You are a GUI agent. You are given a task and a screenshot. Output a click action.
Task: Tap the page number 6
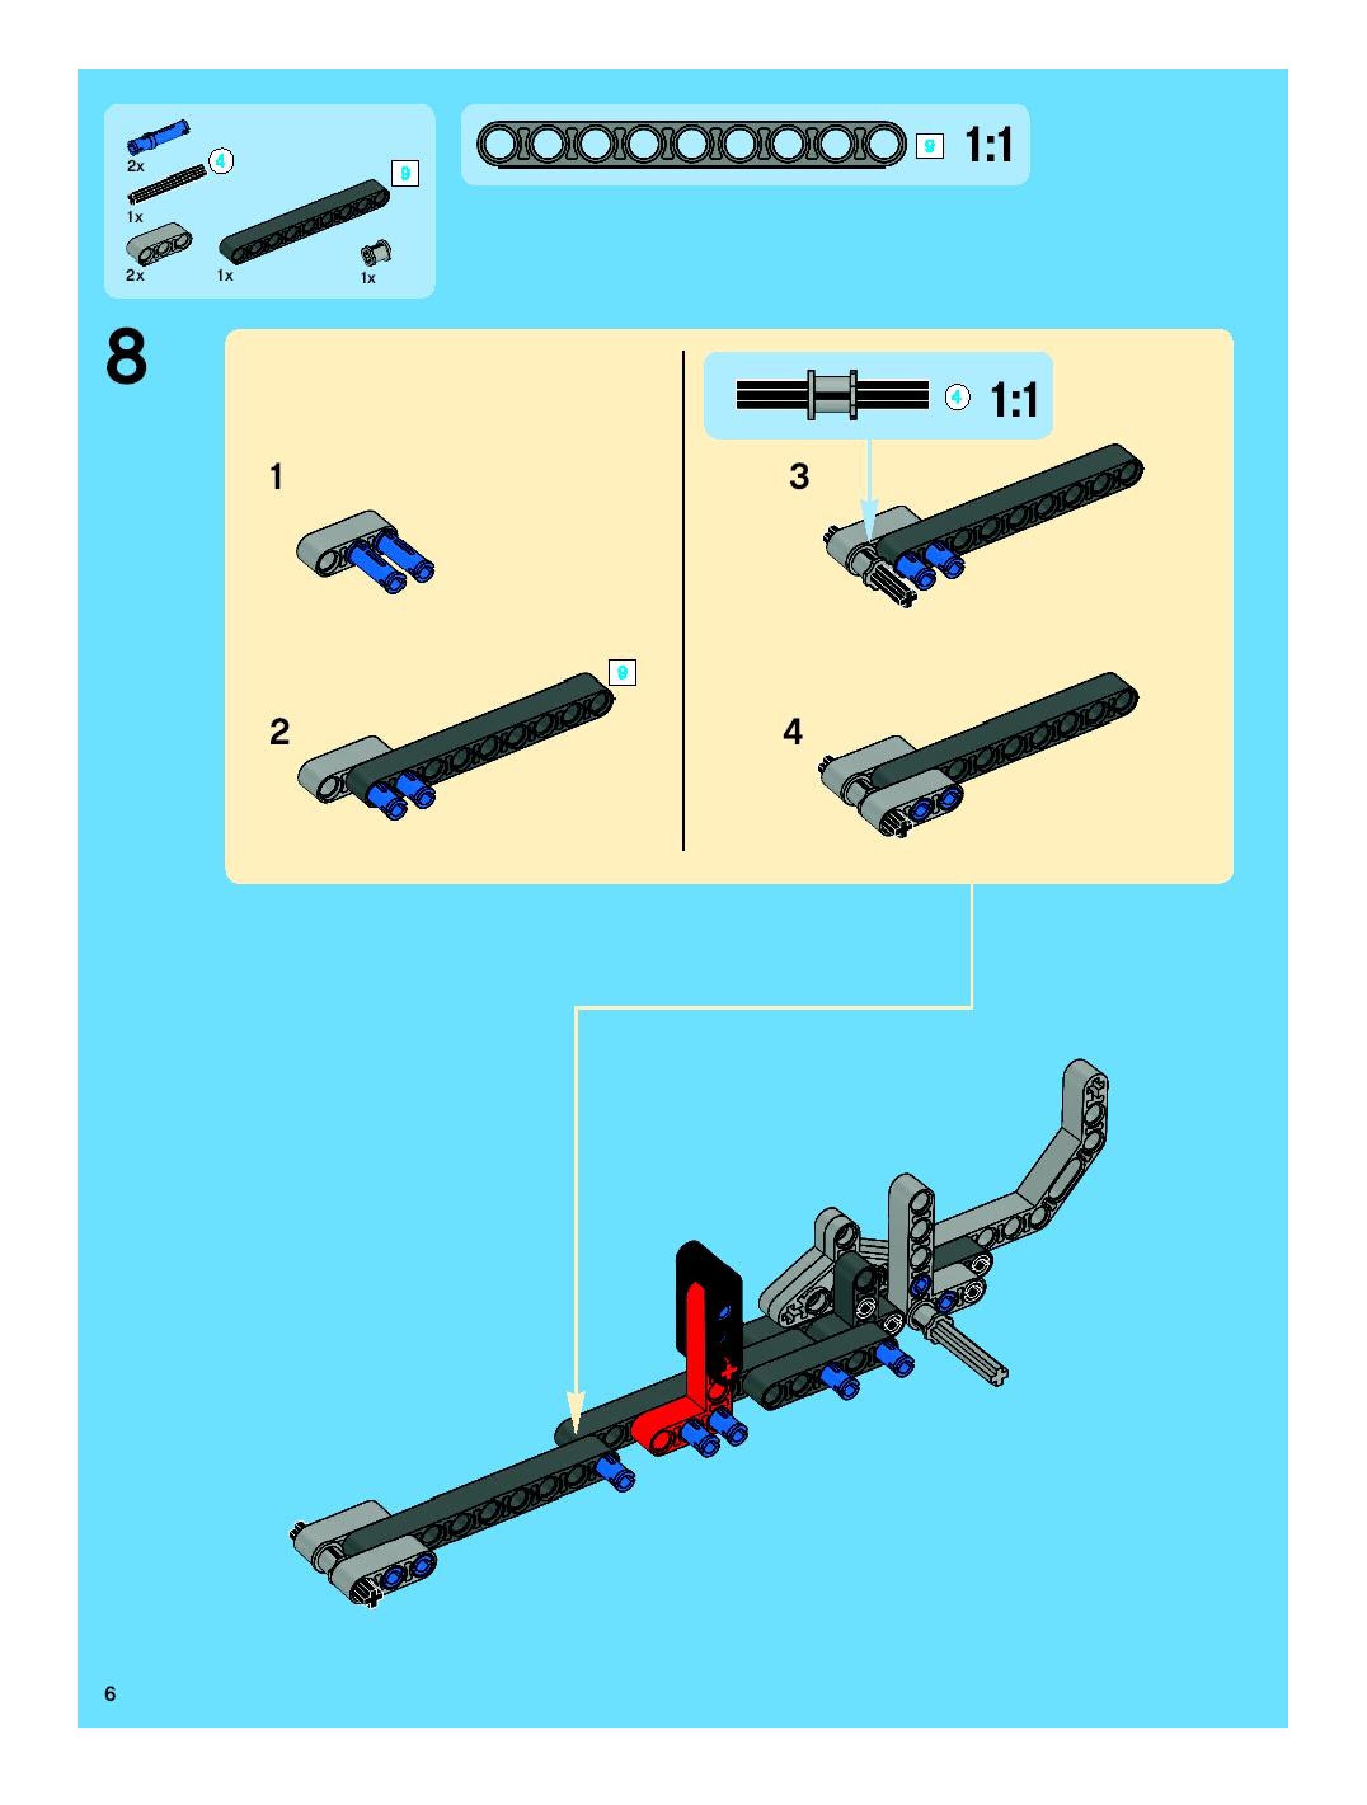coord(110,1693)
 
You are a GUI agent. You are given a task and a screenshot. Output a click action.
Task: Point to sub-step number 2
coord(279,732)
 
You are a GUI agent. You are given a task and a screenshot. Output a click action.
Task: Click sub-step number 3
coord(799,476)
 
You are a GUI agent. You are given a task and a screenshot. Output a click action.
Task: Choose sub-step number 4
coord(793,732)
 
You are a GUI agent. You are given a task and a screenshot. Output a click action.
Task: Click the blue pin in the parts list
coord(158,137)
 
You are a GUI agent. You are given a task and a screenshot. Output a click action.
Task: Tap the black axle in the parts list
coord(166,184)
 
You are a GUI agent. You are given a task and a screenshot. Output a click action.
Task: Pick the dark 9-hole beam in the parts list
coord(304,222)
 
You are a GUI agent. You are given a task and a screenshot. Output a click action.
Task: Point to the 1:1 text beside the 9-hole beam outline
coord(988,145)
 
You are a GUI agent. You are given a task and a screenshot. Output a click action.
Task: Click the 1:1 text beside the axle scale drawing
coord(1014,400)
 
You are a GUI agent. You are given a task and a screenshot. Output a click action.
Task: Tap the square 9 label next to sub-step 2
coord(622,673)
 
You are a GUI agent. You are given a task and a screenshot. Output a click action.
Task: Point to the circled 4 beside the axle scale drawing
coord(957,398)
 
